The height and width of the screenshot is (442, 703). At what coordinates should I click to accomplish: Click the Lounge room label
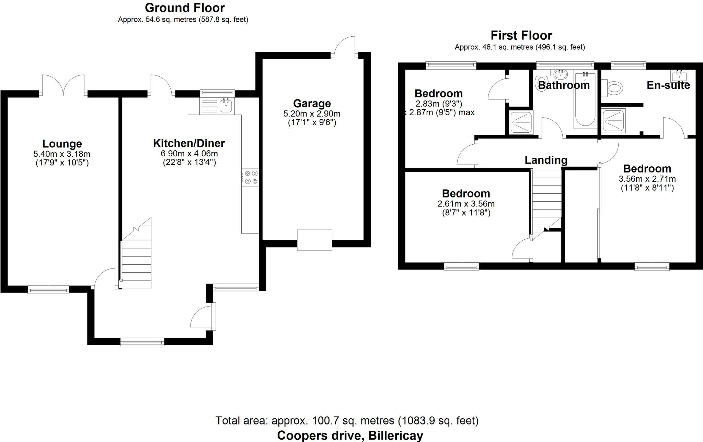pyautogui.click(x=62, y=144)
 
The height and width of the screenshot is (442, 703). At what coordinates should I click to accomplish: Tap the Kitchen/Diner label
pyautogui.click(x=189, y=143)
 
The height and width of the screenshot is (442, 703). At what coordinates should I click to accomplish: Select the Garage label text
pyautogui.click(x=312, y=103)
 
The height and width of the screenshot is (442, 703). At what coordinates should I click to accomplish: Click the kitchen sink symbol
pyautogui.click(x=226, y=106)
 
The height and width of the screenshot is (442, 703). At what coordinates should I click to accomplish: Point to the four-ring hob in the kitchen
pyautogui.click(x=251, y=177)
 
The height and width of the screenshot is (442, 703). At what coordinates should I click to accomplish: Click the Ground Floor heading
pyautogui.click(x=185, y=8)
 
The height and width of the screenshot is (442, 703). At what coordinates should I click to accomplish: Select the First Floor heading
pyautogui.click(x=521, y=35)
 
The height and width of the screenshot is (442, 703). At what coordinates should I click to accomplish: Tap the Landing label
pyautogui.click(x=546, y=160)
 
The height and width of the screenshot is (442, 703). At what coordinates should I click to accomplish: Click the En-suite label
pyautogui.click(x=668, y=85)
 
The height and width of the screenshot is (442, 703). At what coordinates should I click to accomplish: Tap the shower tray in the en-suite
pyautogui.click(x=613, y=121)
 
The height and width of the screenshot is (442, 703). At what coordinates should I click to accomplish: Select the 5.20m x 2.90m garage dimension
pyautogui.click(x=312, y=114)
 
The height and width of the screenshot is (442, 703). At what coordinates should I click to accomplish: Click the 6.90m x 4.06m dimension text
pyautogui.click(x=189, y=154)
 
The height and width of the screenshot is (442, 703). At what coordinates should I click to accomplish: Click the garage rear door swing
pyautogui.click(x=345, y=47)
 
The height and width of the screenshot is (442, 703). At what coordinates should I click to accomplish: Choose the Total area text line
pyautogui.click(x=347, y=420)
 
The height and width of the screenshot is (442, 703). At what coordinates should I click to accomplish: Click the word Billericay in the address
pyautogui.click(x=395, y=435)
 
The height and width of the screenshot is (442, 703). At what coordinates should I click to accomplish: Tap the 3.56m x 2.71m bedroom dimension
pyautogui.click(x=647, y=179)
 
